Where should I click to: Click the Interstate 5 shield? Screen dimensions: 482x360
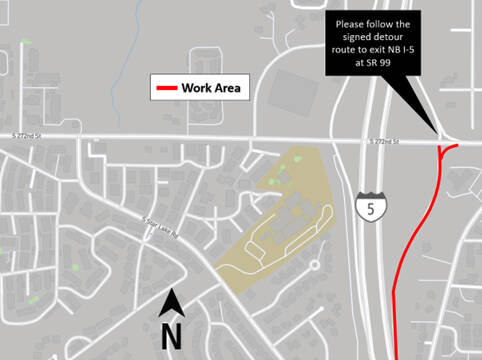[369, 206]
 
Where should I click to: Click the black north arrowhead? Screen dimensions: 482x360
[172, 300]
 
